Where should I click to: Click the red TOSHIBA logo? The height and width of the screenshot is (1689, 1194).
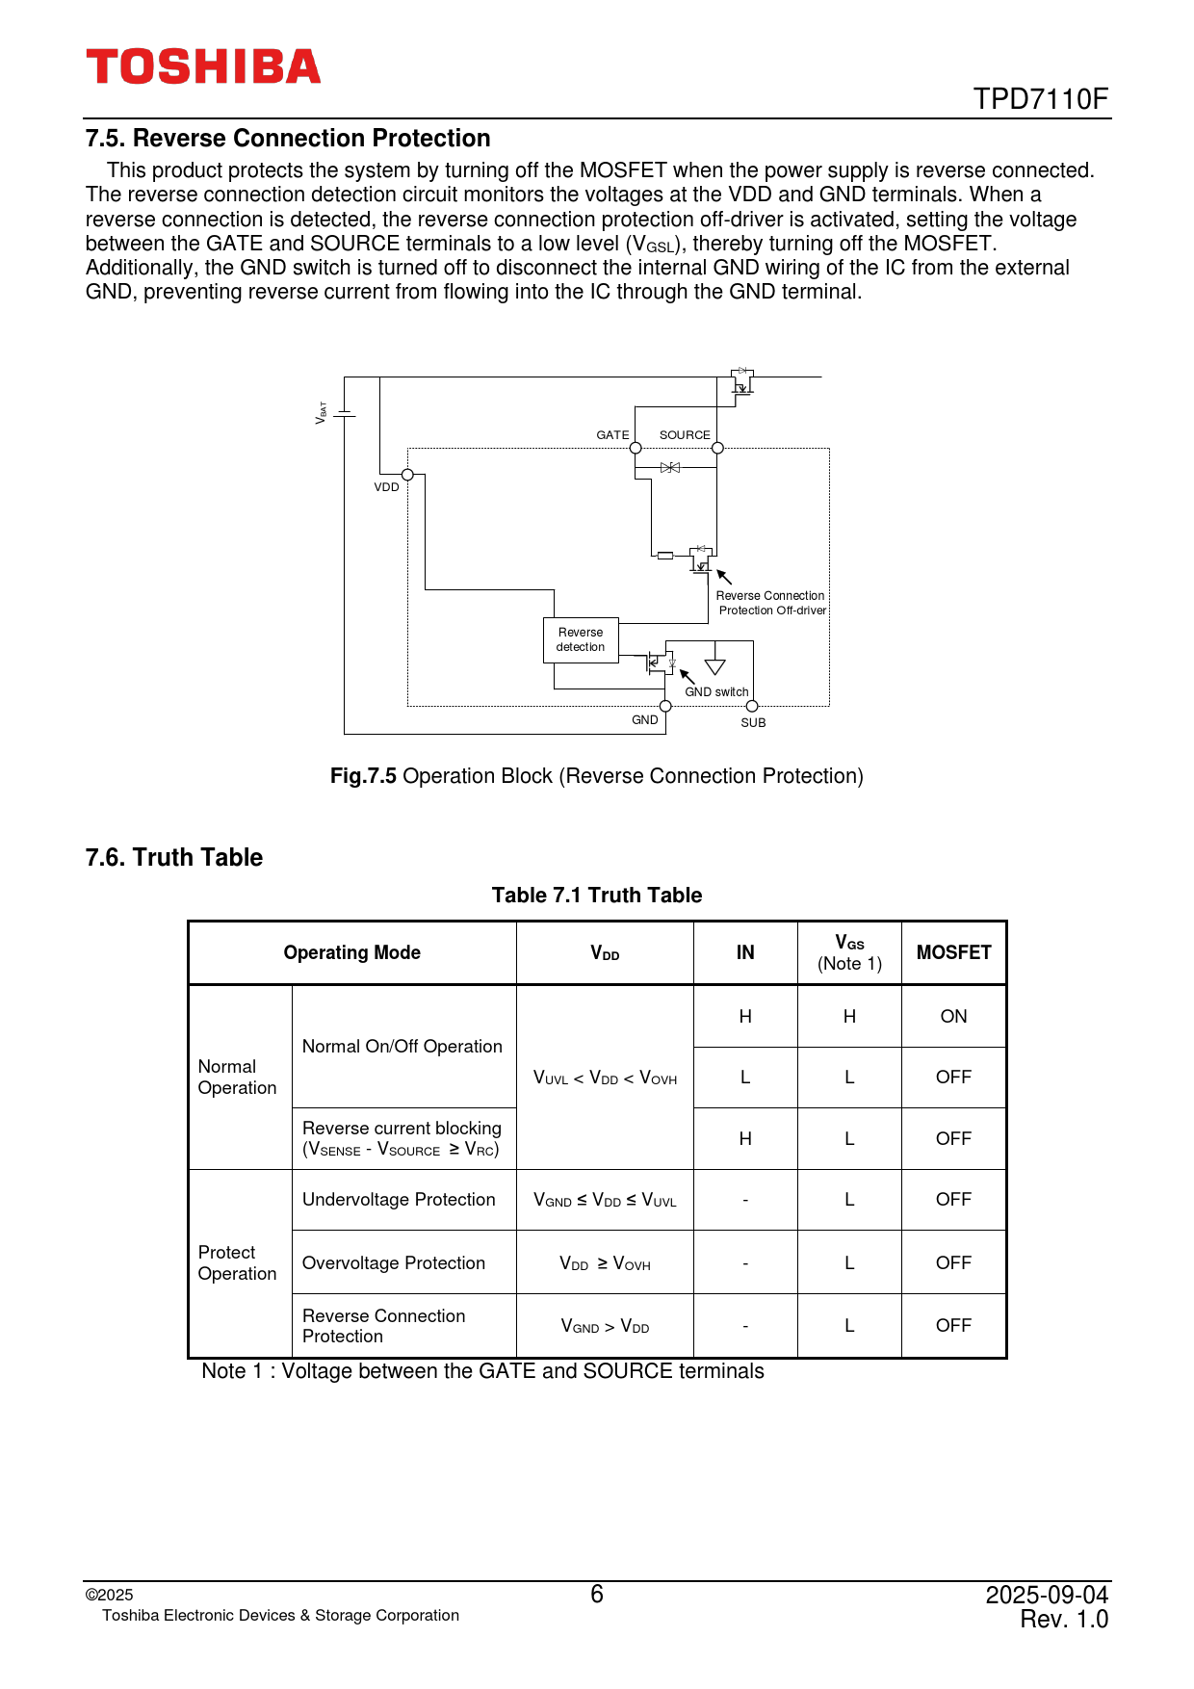[x=203, y=66]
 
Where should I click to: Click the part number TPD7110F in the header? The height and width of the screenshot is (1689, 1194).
[x=1040, y=99]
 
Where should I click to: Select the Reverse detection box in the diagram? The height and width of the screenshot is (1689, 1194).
[x=581, y=640]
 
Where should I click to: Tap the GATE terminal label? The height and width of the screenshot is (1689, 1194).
[x=612, y=435]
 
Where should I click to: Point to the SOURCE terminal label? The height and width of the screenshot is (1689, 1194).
[x=685, y=435]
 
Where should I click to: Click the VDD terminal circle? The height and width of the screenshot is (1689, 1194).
[x=407, y=475]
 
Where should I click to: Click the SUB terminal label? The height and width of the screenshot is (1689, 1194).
[x=753, y=723]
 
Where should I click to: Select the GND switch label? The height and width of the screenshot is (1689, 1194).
[x=716, y=692]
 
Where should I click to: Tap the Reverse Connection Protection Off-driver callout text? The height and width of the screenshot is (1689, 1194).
[x=771, y=603]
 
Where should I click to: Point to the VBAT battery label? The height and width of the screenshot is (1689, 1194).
[x=322, y=413]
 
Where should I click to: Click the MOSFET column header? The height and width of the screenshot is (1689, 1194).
[x=953, y=952]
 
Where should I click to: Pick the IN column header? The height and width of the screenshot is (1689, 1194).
[x=745, y=952]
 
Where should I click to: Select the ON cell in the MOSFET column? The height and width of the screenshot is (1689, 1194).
[x=953, y=1016]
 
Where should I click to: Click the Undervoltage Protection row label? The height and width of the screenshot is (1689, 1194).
[x=399, y=1200]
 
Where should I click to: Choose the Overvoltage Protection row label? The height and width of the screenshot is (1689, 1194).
[x=394, y=1263]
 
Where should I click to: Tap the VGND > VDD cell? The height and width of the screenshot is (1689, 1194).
[x=605, y=1326]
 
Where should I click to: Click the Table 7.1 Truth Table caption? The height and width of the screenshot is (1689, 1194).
[x=597, y=896]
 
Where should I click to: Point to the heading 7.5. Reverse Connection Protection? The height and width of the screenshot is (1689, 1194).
[x=288, y=139]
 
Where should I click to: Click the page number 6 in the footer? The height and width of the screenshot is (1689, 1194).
[x=597, y=1595]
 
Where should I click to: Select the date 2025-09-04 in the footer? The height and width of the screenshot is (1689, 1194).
[x=1047, y=1596]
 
